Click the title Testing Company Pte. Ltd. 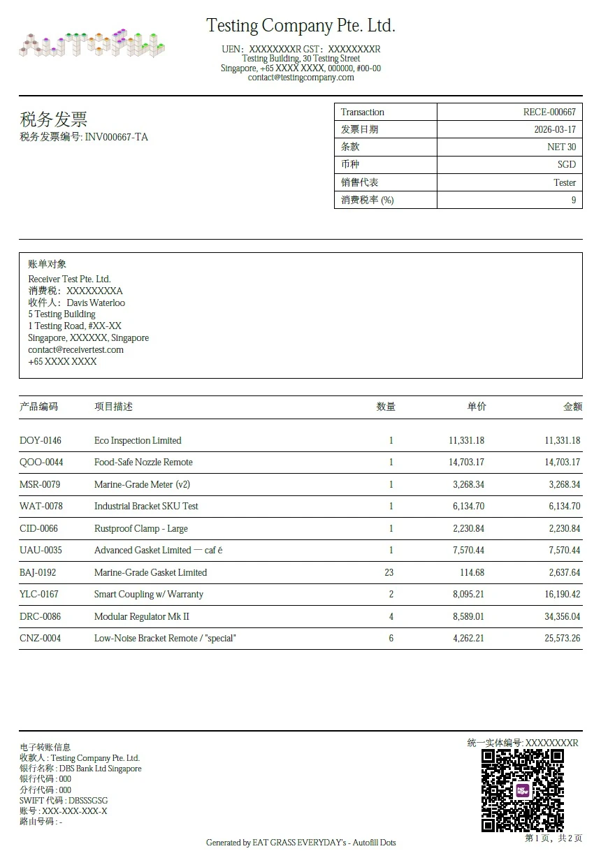click(x=300, y=27)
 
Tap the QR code click(x=523, y=790)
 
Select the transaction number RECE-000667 click(x=549, y=112)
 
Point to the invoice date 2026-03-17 click(x=555, y=129)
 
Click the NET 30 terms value click(x=561, y=147)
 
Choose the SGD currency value click(x=566, y=164)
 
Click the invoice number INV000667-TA click(x=116, y=137)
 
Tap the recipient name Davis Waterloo click(x=96, y=303)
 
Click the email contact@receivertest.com click(x=75, y=349)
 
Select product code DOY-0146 click(x=41, y=440)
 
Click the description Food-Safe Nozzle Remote click(x=143, y=462)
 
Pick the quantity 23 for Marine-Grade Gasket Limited click(x=389, y=572)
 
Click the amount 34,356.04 click(x=562, y=616)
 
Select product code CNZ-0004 click(x=40, y=638)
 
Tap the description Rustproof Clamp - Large click(x=141, y=528)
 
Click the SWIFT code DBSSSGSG click(x=88, y=800)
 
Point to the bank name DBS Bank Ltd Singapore click(x=100, y=769)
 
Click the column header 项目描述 click(x=113, y=407)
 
